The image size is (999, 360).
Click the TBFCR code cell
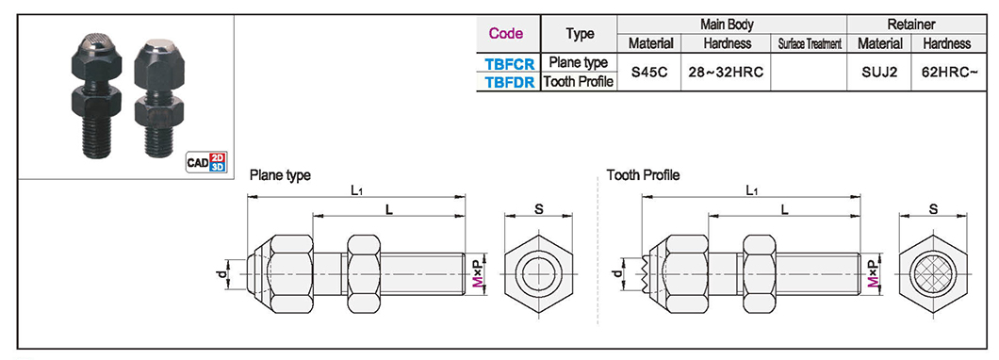pyautogui.click(x=509, y=63)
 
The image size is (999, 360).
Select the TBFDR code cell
pyautogui.click(x=509, y=82)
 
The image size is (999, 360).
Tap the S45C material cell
pyautogui.click(x=649, y=73)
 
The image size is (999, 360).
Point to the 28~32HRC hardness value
pyautogui.click(x=726, y=73)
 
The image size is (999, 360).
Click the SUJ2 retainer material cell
pyautogui.click(x=879, y=73)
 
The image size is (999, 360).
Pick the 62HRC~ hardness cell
pyautogui.click(x=949, y=73)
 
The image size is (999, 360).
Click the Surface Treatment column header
pyautogui.click(x=810, y=44)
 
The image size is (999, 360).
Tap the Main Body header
pyautogui.click(x=727, y=25)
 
